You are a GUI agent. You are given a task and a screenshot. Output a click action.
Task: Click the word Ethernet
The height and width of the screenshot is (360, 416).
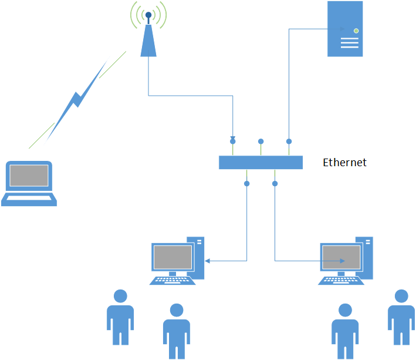click(x=344, y=163)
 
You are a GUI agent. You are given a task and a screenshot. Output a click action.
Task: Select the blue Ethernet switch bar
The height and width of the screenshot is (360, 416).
click(x=261, y=162)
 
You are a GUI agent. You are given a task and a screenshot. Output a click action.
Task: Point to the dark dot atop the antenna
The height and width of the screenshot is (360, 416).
click(x=149, y=15)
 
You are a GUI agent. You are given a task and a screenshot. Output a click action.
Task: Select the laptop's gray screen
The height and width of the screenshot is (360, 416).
click(x=28, y=176)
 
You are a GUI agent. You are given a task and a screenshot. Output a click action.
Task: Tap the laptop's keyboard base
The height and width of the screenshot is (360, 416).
click(x=29, y=200)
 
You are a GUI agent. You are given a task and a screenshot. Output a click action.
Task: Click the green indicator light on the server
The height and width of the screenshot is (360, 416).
click(x=356, y=30)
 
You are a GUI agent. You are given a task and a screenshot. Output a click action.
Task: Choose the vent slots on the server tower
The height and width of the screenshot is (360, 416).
click(x=349, y=43)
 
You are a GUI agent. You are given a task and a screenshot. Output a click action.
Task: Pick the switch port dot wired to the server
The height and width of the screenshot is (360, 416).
click(x=289, y=141)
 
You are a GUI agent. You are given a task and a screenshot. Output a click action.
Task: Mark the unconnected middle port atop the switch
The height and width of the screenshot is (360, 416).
click(x=261, y=141)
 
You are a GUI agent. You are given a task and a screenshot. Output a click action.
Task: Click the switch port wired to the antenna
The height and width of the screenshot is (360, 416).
click(x=233, y=140)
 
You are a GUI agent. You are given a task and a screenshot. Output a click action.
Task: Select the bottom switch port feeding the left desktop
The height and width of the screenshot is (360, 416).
click(x=247, y=184)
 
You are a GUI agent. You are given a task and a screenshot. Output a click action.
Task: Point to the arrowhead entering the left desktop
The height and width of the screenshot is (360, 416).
click(x=207, y=261)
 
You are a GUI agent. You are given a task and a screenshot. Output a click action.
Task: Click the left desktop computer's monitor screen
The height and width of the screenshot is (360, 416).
click(x=173, y=257)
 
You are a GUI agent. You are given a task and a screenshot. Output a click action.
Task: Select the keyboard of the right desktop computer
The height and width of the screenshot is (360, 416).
click(x=341, y=280)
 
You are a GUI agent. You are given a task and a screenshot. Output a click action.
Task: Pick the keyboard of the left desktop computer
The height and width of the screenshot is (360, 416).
click(x=173, y=280)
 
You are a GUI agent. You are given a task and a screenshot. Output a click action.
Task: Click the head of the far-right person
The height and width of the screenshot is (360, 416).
click(x=401, y=295)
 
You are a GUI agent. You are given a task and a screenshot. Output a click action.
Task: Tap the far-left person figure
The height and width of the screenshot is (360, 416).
click(x=120, y=317)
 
